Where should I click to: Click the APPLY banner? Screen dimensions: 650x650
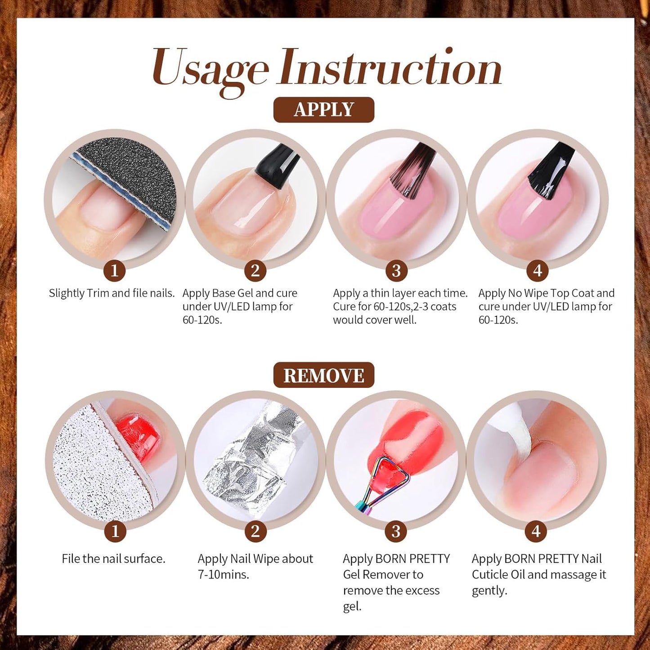click(x=323, y=110)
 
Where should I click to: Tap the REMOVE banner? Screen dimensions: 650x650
click(x=323, y=375)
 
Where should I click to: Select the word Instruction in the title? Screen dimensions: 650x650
click(x=390, y=67)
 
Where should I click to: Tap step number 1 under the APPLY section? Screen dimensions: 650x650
click(x=114, y=271)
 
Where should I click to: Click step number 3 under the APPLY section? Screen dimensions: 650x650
click(x=396, y=271)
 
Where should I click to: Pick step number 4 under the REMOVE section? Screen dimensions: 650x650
click(x=536, y=531)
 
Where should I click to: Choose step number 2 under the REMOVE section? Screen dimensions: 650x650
click(x=256, y=531)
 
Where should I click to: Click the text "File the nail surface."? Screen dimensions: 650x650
click(x=114, y=559)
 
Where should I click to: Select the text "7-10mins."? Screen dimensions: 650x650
click(x=223, y=574)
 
